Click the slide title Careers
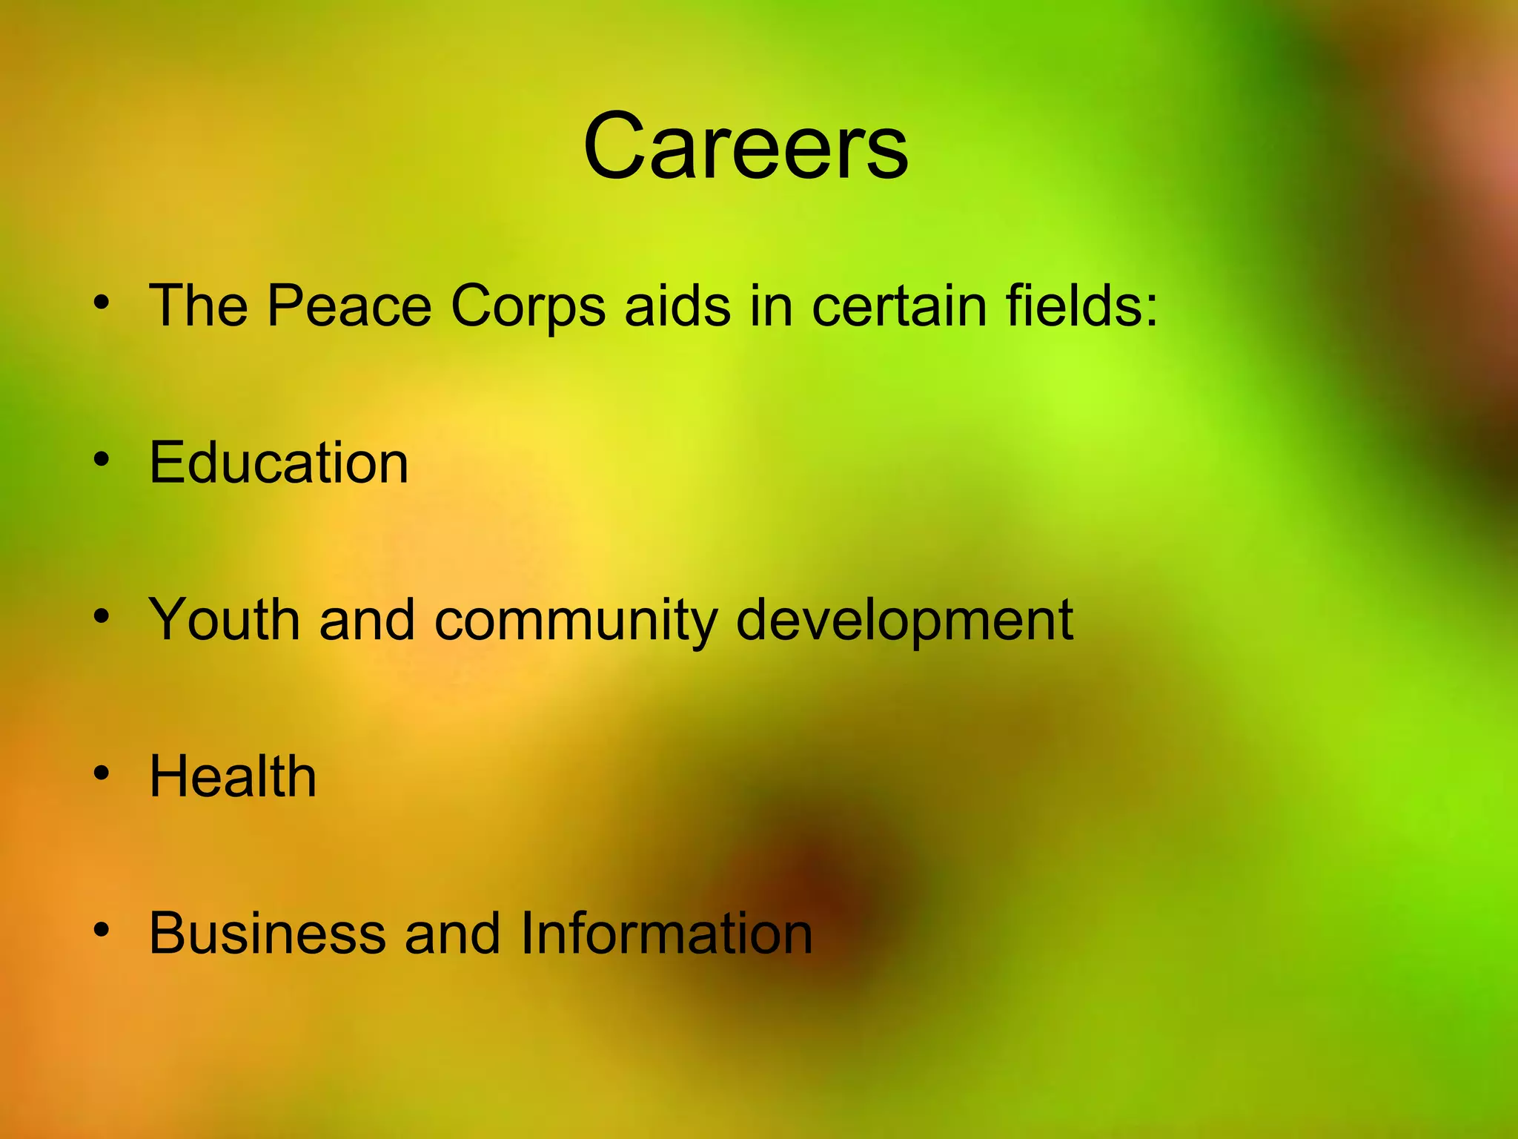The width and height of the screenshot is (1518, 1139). click(x=745, y=146)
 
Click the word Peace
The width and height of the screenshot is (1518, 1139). click(x=349, y=305)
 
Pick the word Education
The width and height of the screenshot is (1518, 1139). click(x=279, y=463)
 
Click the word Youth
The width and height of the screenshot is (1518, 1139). click(x=225, y=619)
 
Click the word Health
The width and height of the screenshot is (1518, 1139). click(x=233, y=776)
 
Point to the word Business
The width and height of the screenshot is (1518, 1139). click(x=268, y=933)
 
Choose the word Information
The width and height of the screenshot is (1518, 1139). click(x=666, y=933)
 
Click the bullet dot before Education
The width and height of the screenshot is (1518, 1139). click(x=102, y=459)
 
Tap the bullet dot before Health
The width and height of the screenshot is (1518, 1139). click(x=102, y=773)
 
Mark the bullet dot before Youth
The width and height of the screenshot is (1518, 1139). click(x=102, y=615)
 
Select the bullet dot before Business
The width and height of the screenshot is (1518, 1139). click(x=102, y=929)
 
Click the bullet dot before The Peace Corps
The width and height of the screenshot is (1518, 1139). click(x=102, y=302)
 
